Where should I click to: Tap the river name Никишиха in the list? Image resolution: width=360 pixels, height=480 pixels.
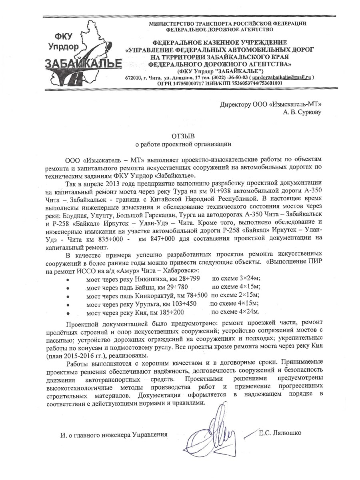pos(153,278)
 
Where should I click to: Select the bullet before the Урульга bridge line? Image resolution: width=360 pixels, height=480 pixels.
pos(69,305)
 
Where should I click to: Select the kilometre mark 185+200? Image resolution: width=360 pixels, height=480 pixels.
pos(173,312)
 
